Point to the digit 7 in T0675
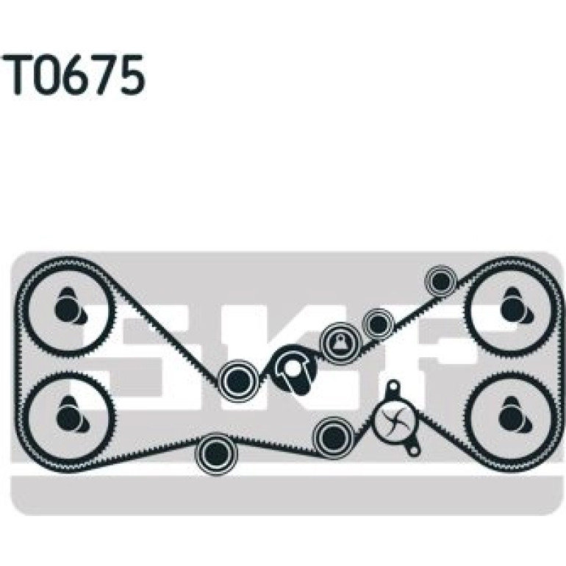[105, 75]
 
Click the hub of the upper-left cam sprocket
[68, 307]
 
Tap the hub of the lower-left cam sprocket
[69, 415]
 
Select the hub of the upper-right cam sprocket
[514, 307]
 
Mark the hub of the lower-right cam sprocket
[513, 415]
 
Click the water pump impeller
[393, 421]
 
